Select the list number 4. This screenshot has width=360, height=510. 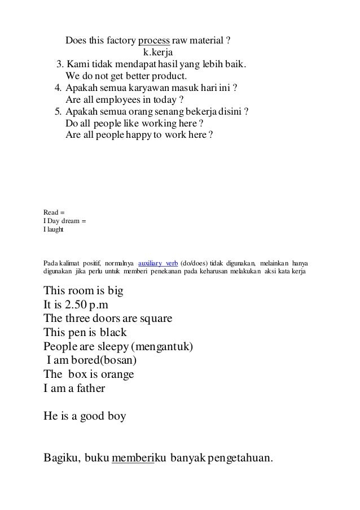pos(58,88)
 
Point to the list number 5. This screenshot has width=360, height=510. pos(58,111)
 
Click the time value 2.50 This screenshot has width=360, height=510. pos(76,306)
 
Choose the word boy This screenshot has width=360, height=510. pos(115,417)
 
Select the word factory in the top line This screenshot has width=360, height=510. pos(116,41)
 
